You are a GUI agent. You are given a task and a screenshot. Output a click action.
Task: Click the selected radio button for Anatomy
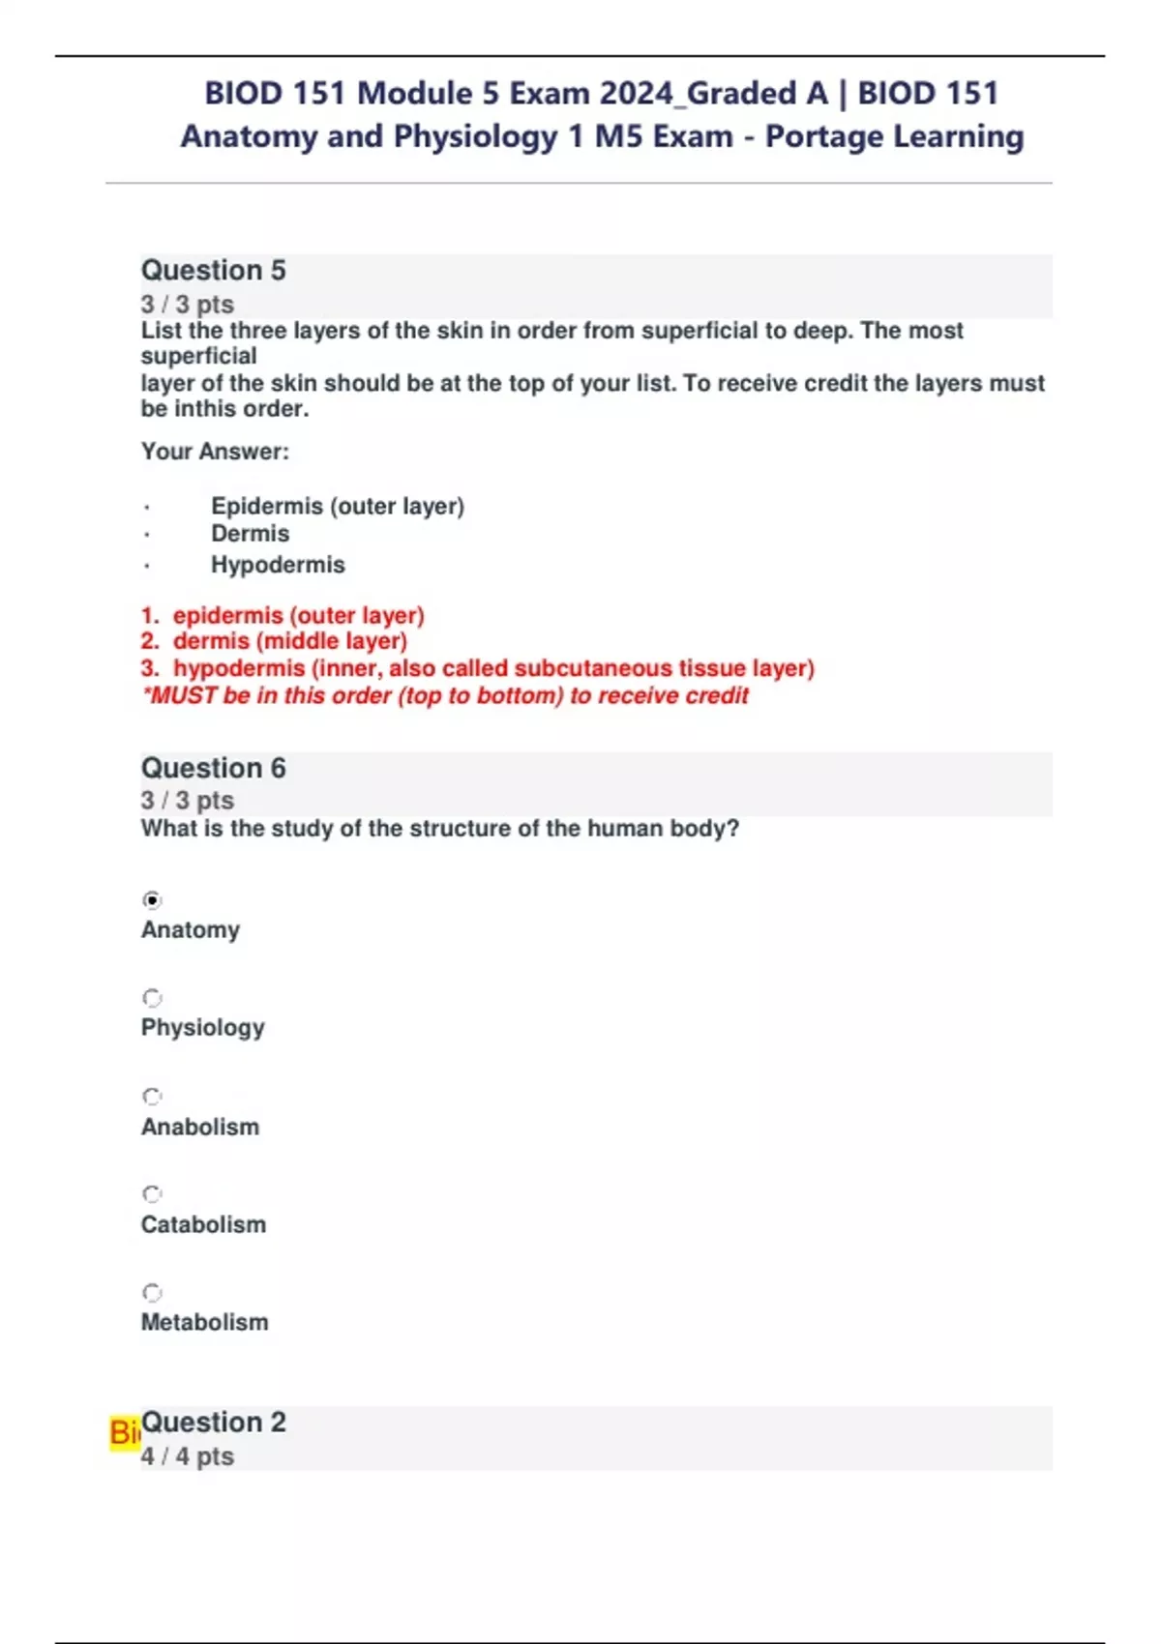tap(152, 900)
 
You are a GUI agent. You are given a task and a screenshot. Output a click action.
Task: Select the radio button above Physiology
tap(152, 998)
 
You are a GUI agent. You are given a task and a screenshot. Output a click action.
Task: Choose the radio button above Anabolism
tap(152, 1097)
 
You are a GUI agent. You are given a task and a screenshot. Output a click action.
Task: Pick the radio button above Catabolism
tap(152, 1194)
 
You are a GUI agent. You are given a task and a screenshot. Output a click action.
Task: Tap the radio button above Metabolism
tap(152, 1293)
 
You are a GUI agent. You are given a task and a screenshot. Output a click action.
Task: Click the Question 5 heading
tap(213, 270)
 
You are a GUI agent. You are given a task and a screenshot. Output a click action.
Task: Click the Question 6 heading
tap(213, 768)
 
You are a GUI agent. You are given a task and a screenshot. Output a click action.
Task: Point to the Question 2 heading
tap(213, 1423)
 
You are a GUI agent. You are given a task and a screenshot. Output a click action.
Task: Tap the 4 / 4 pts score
tap(187, 1456)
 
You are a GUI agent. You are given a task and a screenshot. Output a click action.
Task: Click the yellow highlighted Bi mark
tap(124, 1432)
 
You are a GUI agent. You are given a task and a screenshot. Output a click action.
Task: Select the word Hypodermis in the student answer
tap(278, 565)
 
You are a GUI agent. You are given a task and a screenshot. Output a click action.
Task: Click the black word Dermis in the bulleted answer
tap(250, 534)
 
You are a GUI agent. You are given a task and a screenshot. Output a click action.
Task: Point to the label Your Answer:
tap(215, 452)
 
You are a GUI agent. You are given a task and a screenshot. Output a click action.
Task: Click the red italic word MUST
tap(183, 696)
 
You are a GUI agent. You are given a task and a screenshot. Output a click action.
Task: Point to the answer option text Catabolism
tap(203, 1224)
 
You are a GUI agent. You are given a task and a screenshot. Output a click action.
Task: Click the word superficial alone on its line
tap(198, 357)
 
